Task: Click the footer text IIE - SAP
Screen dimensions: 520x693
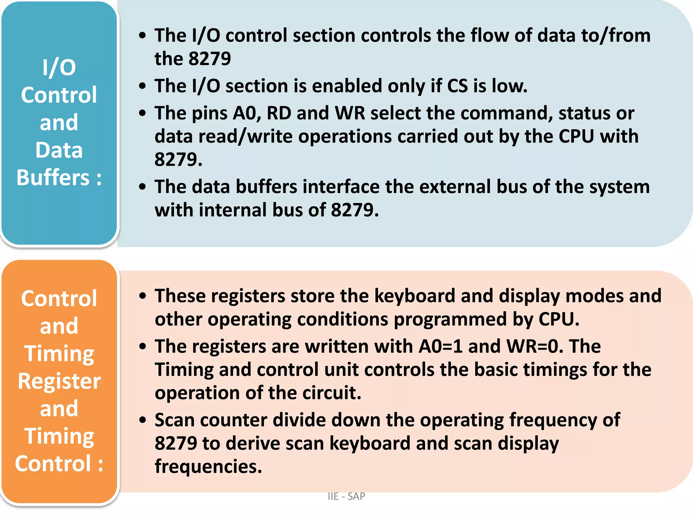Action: [x=346, y=496]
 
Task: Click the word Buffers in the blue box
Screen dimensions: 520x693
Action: [x=53, y=177]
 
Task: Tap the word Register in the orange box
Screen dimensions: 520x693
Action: [x=59, y=381]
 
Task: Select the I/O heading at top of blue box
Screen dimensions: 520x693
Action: [x=59, y=67]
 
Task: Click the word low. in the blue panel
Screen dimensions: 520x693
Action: [x=509, y=86]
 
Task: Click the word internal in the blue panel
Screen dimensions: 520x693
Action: [x=233, y=210]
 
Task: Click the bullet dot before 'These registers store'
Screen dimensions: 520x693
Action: [x=143, y=296]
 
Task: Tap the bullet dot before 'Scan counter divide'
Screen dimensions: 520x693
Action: [x=143, y=420]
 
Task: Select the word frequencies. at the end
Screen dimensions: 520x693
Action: [x=208, y=467]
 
